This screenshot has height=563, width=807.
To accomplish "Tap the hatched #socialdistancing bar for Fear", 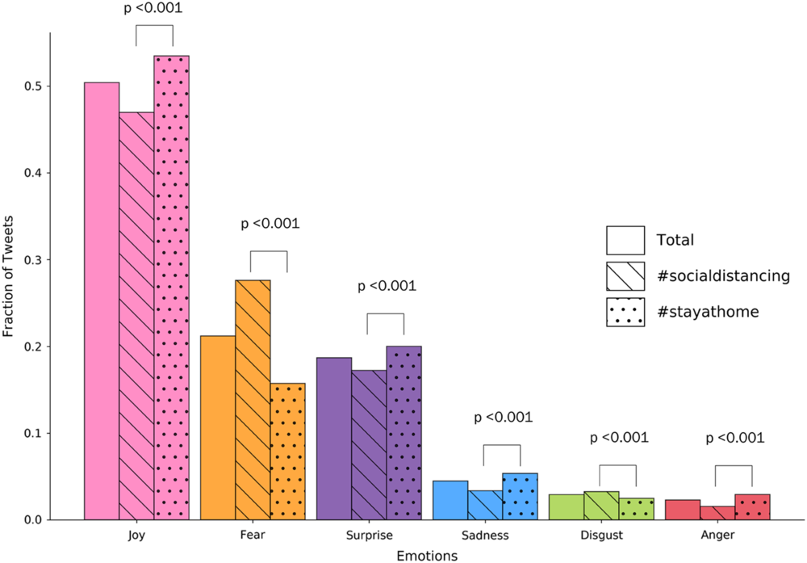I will tap(253, 400).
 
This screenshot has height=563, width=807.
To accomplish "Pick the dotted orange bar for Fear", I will tap(287, 452).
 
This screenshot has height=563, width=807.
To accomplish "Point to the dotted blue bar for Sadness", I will tap(520, 497).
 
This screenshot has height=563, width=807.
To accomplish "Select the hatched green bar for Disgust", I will tap(601, 506).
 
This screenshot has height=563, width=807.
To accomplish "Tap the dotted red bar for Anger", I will tap(752, 507).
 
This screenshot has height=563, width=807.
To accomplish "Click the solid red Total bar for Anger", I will tap(682, 510).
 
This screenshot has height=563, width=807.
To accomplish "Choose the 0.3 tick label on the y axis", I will tap(32, 260).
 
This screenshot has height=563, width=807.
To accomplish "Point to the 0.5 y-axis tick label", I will tap(32, 86).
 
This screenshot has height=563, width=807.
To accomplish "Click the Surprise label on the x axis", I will tap(369, 535).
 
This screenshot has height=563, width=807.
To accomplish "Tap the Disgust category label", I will tap(601, 535).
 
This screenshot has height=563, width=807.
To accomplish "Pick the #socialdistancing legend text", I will tap(722, 275).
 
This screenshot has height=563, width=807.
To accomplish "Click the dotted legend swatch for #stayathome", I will tap(625, 312).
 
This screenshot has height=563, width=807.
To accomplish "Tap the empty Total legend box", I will tap(625, 240).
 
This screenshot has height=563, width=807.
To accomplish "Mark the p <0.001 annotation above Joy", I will tap(153, 10).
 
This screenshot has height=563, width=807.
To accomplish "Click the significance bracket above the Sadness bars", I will tap(502, 447).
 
